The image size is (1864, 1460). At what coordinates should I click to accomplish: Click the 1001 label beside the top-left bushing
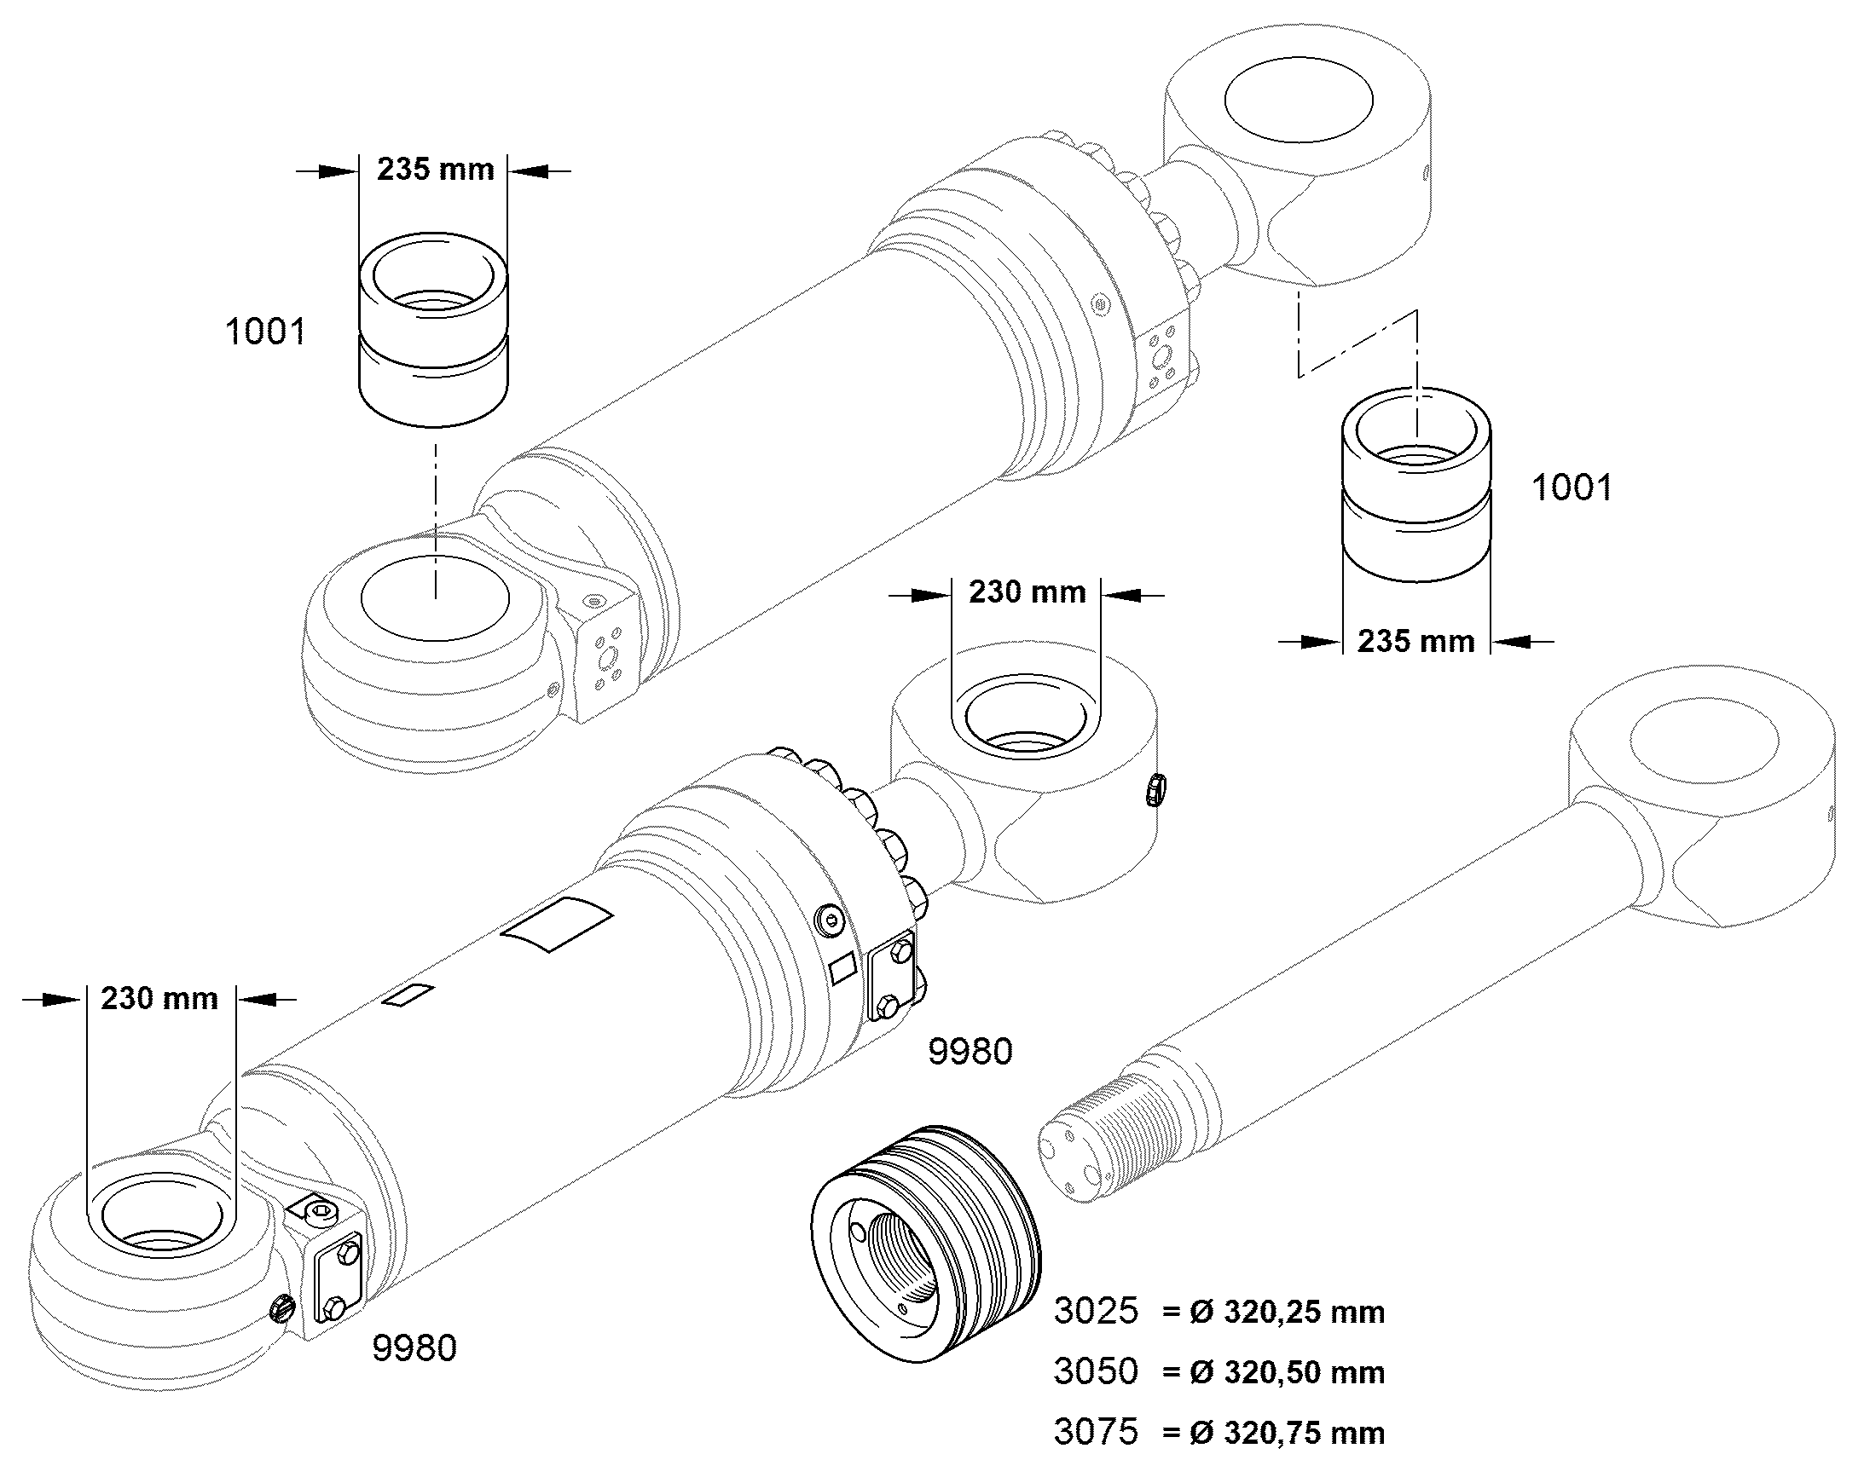[x=265, y=332]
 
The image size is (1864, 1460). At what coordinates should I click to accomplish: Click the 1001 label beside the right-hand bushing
[x=1572, y=488]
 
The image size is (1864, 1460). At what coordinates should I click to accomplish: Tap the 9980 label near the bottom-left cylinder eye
[x=414, y=1348]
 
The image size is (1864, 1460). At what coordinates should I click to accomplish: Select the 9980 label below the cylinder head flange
[x=970, y=1052]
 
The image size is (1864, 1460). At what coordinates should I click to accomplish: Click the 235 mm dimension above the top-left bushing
[x=436, y=170]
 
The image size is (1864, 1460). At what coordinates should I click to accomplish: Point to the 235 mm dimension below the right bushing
[x=1417, y=641]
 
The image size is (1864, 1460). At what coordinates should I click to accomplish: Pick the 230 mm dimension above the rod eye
[x=1027, y=592]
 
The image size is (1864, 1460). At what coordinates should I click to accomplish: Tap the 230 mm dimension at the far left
[x=160, y=998]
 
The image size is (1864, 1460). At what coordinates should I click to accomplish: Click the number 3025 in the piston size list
[x=1097, y=1311]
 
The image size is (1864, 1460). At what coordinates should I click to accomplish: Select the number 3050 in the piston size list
[x=1097, y=1371]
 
